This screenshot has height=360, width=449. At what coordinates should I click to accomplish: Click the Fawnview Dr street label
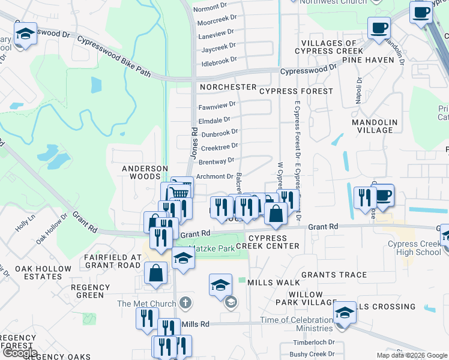(217, 104)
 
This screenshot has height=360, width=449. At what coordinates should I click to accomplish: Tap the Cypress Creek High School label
(414, 248)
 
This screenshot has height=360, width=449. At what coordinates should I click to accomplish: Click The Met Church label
(140, 304)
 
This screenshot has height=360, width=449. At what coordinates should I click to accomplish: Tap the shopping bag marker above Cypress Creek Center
(275, 214)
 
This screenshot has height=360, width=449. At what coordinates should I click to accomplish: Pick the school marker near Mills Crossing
(344, 313)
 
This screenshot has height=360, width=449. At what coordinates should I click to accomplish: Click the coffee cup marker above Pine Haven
(379, 28)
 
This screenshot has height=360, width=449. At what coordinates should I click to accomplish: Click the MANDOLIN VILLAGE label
(375, 126)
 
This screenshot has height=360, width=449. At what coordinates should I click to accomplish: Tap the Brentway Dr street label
(216, 161)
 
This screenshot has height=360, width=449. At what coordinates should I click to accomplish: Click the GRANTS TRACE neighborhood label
(334, 275)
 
